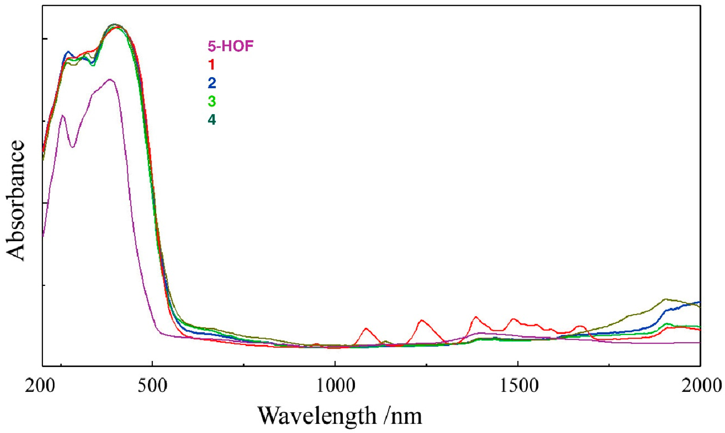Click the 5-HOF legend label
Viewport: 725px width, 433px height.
coord(230,46)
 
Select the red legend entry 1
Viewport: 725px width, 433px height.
coord(212,65)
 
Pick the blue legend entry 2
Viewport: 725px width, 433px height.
coord(212,83)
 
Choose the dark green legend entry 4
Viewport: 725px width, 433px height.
coord(212,120)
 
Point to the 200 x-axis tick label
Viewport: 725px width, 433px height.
coord(40,386)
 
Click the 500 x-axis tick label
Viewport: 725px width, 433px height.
coord(153,386)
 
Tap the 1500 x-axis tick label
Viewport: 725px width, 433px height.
coord(519,386)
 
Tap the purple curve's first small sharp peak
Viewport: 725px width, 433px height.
coord(62,115)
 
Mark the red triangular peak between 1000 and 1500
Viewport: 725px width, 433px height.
coord(421,320)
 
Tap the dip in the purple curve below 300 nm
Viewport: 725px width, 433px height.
coord(73,147)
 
